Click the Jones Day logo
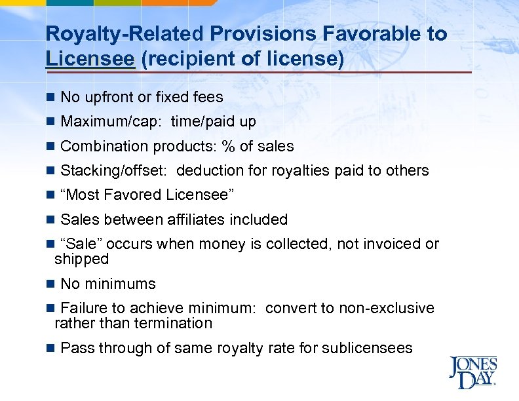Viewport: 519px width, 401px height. pyautogui.click(x=472, y=373)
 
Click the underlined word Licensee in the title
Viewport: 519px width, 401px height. pyautogui.click(x=90, y=58)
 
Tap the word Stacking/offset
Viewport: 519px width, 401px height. pyautogui.click(x=114, y=170)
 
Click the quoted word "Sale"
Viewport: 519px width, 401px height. pyautogui.click(x=81, y=244)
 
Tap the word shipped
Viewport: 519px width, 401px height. pyautogui.click(x=81, y=259)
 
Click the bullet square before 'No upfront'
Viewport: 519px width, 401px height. pyautogui.click(x=50, y=98)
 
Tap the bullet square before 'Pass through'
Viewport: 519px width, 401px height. pyautogui.click(x=50, y=348)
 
